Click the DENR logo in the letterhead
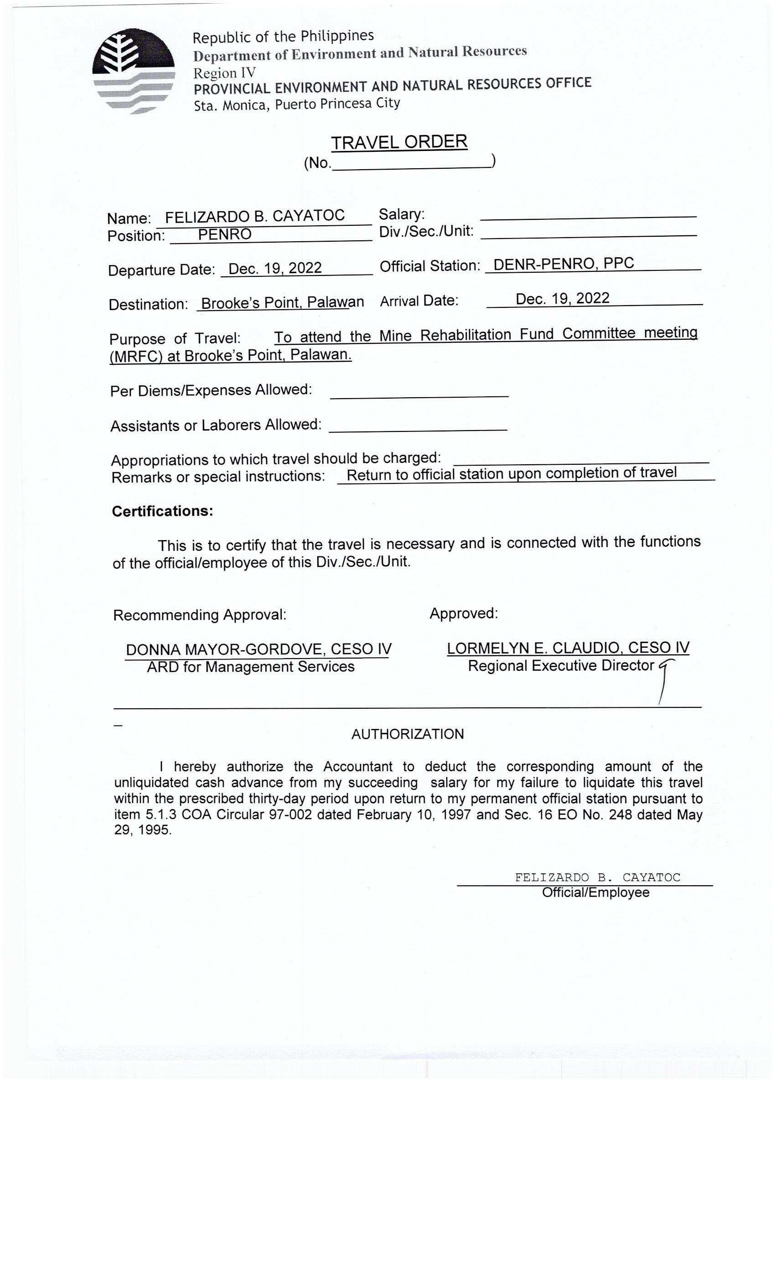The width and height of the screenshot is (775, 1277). pyautogui.click(x=133, y=71)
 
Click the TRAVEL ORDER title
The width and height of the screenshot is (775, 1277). pyautogui.click(x=399, y=142)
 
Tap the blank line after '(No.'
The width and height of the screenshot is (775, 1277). pyautogui.click(x=411, y=165)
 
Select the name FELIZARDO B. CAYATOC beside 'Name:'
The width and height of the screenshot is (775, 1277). pyautogui.click(x=255, y=216)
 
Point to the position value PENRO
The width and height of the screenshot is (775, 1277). pyautogui.click(x=224, y=235)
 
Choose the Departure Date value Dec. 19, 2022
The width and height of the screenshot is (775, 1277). pyautogui.click(x=275, y=269)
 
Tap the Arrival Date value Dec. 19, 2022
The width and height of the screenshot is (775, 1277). pyautogui.click(x=562, y=299)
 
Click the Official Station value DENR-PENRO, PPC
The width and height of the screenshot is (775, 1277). pyautogui.click(x=563, y=264)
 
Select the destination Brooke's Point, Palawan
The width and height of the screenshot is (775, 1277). pyautogui.click(x=282, y=303)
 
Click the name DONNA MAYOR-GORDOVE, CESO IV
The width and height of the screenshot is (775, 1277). pyautogui.click(x=258, y=649)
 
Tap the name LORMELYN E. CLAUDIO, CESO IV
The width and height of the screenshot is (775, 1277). pyautogui.click(x=568, y=648)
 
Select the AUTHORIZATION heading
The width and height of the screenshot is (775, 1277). pyautogui.click(x=407, y=734)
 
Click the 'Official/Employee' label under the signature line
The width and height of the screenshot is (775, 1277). pyautogui.click(x=595, y=893)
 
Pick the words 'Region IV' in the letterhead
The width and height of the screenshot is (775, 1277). pyautogui.click(x=224, y=73)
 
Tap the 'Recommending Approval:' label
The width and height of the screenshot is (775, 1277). pyautogui.click(x=200, y=615)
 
